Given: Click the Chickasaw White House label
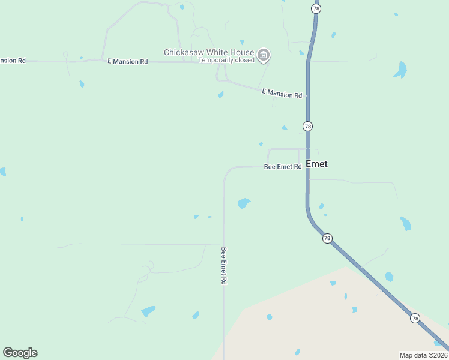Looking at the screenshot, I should click(209, 52).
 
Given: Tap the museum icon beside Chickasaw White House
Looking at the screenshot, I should click(263, 56).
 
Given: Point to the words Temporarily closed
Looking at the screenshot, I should click(226, 60).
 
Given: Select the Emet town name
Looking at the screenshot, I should click(316, 164).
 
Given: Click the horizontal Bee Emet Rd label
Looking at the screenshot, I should click(282, 167).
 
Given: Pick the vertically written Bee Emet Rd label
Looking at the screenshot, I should click(223, 266).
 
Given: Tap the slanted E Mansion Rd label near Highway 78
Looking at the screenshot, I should click(282, 94).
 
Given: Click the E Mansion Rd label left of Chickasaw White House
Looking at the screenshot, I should click(127, 62).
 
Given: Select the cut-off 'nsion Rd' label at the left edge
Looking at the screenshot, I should click(13, 61).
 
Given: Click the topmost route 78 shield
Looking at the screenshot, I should click(316, 8).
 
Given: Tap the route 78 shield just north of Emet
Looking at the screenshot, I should click(307, 126).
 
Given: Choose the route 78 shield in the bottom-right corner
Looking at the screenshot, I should click(415, 318).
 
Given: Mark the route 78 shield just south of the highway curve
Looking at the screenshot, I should click(327, 238).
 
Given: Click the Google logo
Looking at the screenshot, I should click(20, 352).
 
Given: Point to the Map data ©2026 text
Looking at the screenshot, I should click(423, 355).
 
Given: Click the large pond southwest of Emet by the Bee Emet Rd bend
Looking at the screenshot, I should click(244, 203).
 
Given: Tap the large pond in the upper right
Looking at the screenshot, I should click(400, 70).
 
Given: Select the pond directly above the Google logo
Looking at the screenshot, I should click(22, 219).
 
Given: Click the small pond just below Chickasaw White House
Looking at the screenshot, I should click(221, 94).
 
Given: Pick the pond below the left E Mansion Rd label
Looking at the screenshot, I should click(82, 84).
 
